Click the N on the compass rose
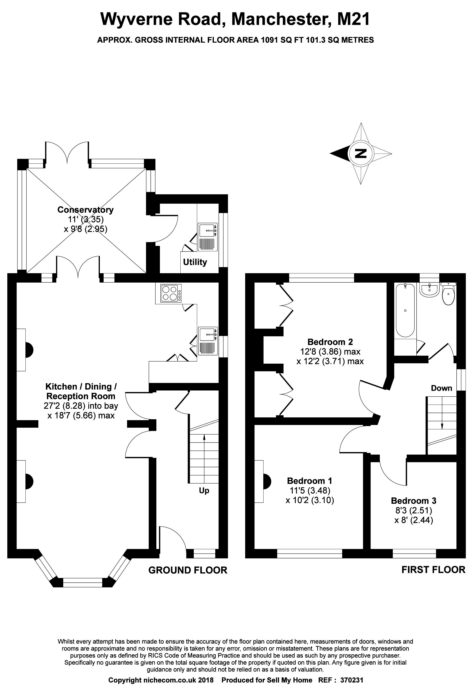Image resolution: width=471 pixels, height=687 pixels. click(x=361, y=153)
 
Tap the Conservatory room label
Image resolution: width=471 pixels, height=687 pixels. click(x=85, y=210)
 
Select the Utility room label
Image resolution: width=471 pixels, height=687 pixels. click(x=195, y=262)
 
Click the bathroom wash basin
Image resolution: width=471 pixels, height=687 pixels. click(x=430, y=289)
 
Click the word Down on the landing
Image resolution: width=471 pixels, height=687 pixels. click(x=441, y=388)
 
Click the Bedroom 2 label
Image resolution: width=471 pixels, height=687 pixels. click(x=330, y=342)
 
